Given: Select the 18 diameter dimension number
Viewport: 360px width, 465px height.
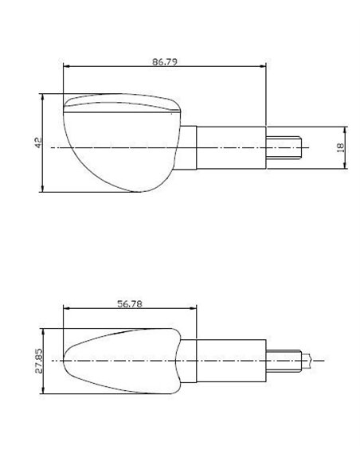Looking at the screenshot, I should coord(339,147).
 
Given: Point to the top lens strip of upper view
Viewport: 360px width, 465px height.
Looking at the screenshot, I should coord(119,101).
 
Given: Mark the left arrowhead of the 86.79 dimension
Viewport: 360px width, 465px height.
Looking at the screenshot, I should coord(66,66).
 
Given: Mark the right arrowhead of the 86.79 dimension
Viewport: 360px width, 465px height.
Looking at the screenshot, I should coord(264,66).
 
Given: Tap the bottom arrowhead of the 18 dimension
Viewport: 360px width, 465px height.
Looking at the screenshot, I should coord(345,165).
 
